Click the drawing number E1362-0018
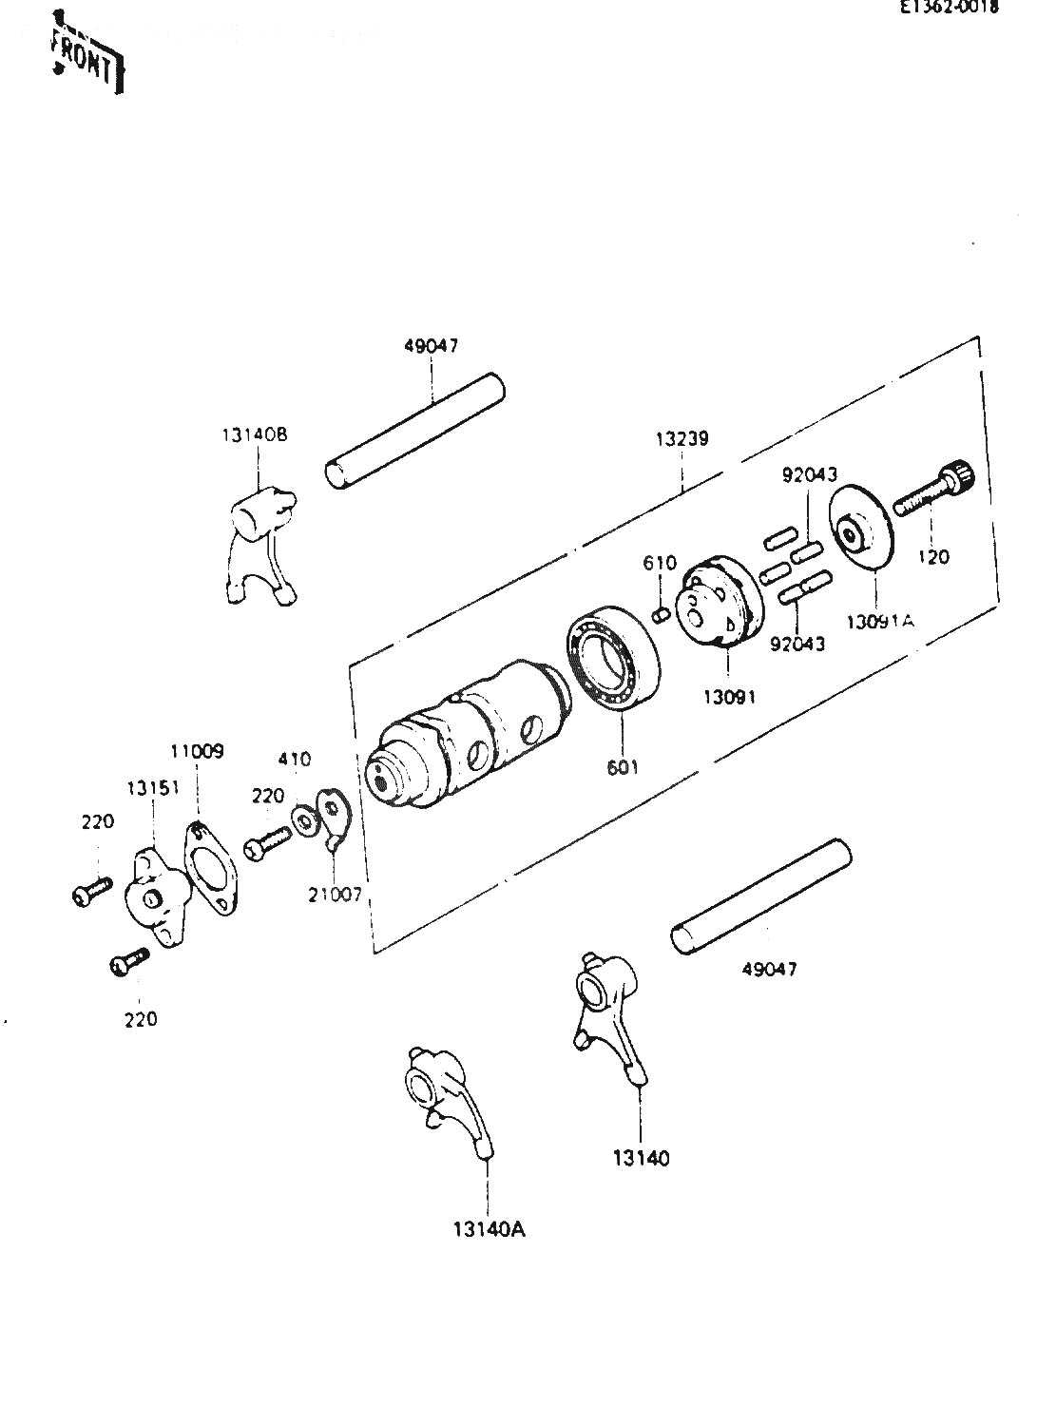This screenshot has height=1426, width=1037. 959,7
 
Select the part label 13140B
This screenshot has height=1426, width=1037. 254,434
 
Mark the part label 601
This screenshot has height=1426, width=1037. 624,767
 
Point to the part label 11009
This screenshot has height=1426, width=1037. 197,751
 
